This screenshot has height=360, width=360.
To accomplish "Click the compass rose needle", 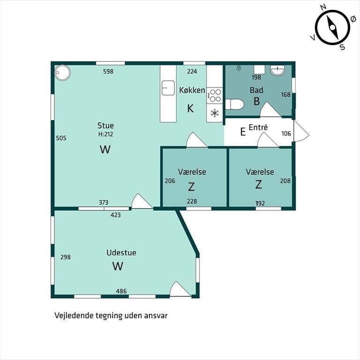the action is coord(332,28).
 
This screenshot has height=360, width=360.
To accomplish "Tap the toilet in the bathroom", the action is coord(234,105).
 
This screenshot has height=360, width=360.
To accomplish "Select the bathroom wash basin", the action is coord(277,70).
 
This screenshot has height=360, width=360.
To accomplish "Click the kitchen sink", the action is coord(168,88).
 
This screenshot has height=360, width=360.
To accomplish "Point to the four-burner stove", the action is coord(215,96).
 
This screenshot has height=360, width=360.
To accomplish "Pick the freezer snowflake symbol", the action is coord(214,113).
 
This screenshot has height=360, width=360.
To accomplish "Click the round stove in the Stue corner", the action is coord(62,73).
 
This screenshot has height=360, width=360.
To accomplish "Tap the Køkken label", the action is coord(192,90).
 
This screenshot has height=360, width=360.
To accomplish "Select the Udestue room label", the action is coord(121,253).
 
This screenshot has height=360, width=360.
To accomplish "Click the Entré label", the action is coord(258,127).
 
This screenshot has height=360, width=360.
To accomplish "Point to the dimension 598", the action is coord(108,71).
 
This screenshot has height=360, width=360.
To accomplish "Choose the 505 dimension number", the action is coord(61,138).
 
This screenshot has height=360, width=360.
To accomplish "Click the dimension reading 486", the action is coord(121,291).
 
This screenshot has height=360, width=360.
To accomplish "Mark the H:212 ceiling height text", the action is coord(105,134).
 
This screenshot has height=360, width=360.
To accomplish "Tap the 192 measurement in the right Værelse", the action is coord(260,203).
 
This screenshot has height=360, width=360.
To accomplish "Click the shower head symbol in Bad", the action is coord(240,67).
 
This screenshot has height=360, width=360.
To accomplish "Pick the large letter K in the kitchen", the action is coord(190,108).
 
